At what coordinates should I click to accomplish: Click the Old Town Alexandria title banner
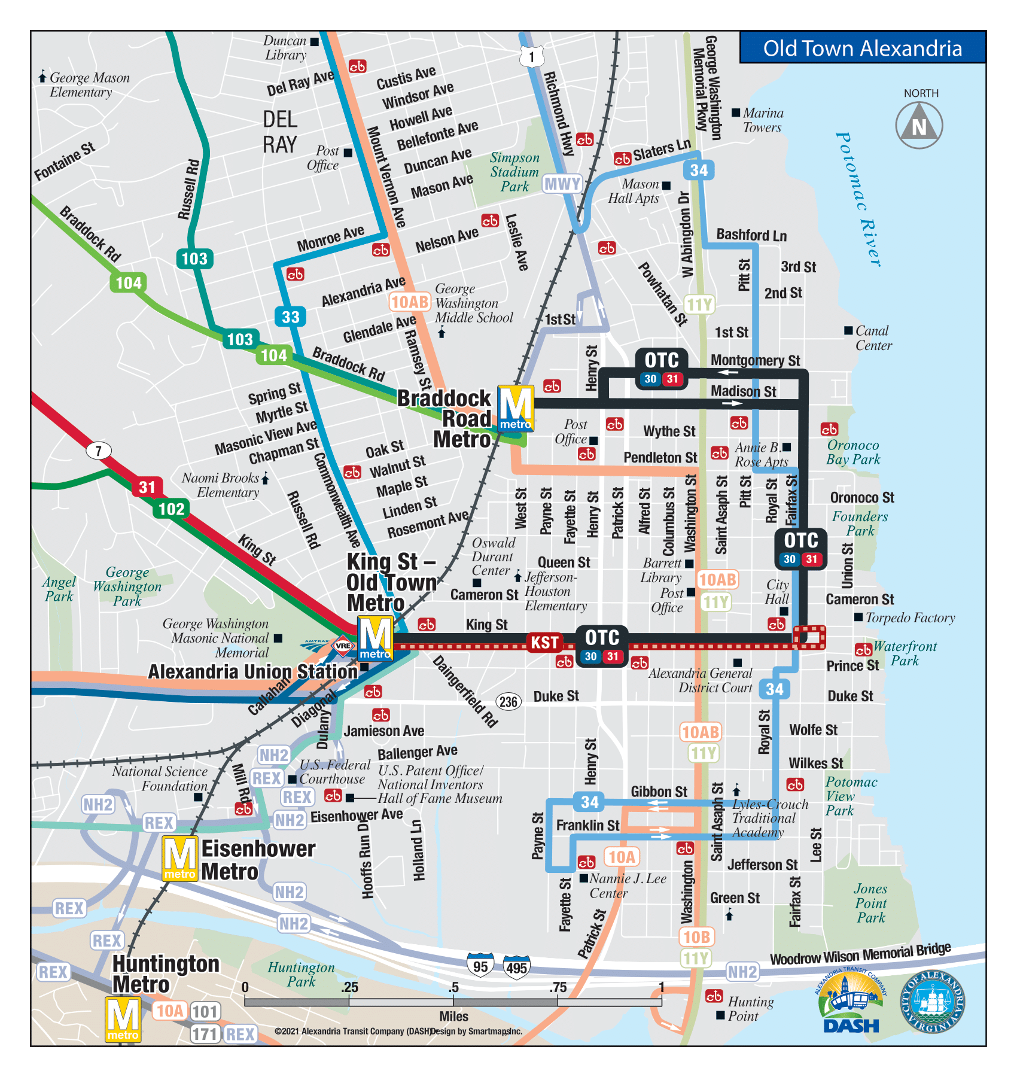tap(862, 48)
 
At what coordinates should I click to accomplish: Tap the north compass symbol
tap(919, 126)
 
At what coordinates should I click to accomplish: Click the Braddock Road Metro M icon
tap(516, 408)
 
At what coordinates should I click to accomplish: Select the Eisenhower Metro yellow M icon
tap(179, 859)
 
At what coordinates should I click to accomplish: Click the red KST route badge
tap(544, 643)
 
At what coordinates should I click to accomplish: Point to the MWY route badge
tap(562, 184)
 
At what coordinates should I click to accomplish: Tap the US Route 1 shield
tap(532, 57)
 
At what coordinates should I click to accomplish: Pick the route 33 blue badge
tap(291, 317)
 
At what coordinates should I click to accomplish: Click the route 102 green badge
tap(171, 509)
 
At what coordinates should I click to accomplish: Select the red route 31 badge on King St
tap(147, 487)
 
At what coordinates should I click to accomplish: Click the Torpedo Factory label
tap(910, 617)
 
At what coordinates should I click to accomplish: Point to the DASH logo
tap(851, 1004)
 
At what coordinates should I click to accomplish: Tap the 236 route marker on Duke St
tap(508, 701)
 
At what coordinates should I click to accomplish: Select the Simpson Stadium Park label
tap(514, 172)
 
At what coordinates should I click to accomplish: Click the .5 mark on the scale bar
tap(453, 988)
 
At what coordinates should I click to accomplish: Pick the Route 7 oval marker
tap(99, 451)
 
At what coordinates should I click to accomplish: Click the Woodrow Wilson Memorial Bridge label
tap(860, 954)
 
